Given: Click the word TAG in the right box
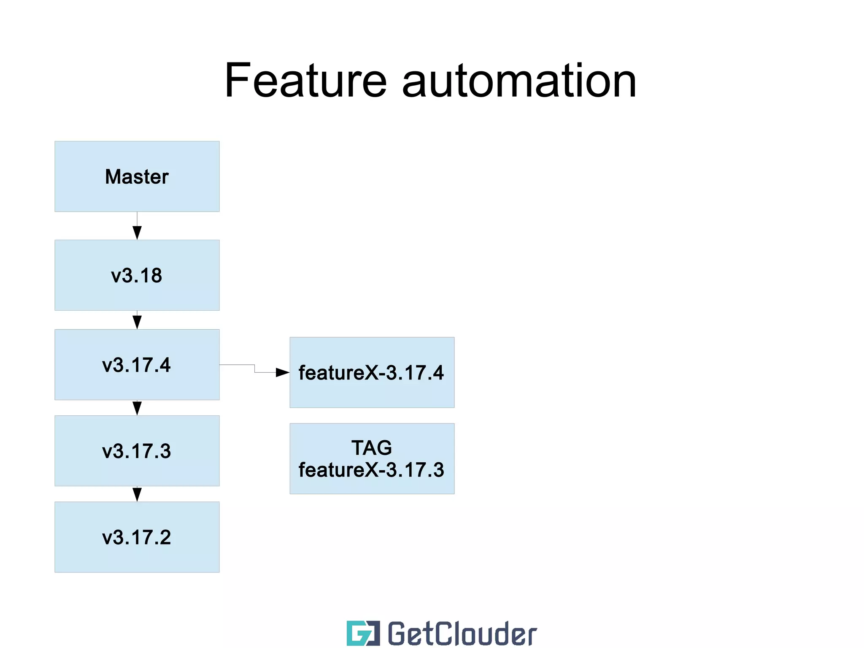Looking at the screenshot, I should tap(372, 448).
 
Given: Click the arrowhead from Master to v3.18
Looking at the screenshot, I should tap(137, 232).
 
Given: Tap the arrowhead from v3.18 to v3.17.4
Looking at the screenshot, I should tap(137, 322).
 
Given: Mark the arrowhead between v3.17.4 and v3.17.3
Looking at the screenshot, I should tap(137, 408).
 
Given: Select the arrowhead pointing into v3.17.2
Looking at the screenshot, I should tap(137, 494).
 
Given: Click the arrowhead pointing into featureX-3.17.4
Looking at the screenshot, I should tap(282, 372).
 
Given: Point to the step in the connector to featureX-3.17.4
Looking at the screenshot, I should tap(254, 369).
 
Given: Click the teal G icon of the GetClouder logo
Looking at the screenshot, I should tap(363, 633).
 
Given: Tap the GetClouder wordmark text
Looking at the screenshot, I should tap(462, 633).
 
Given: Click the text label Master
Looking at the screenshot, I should tap(137, 176).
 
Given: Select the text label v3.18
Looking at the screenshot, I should tap(137, 276).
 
